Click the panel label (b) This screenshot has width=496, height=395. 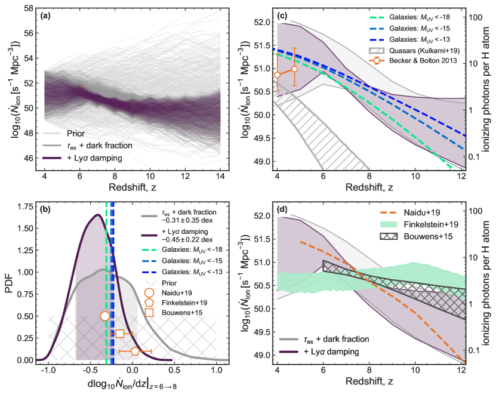(x=44, y=210)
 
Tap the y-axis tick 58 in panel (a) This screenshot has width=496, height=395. (x=29, y=8)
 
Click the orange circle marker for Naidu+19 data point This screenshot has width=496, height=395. (x=105, y=316)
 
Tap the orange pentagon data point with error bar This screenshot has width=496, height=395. (x=135, y=351)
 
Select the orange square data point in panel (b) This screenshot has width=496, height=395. (x=120, y=334)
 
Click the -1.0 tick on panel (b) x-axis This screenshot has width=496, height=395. (x=49, y=370)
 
